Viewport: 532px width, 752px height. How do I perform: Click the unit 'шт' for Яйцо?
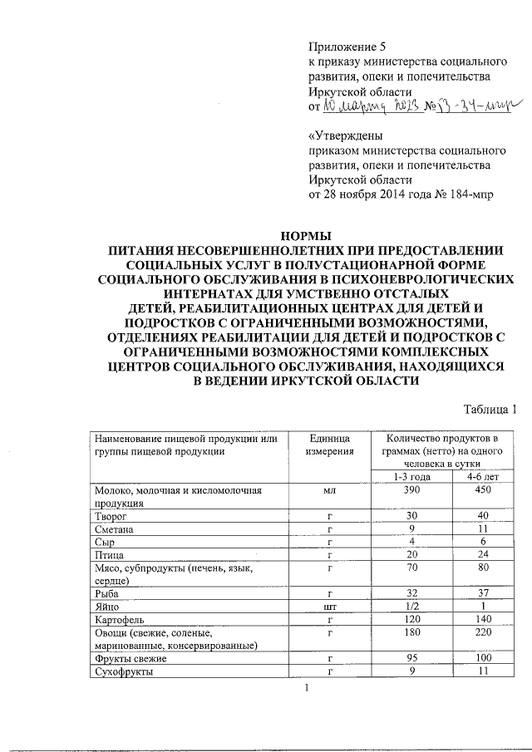pos(329,607)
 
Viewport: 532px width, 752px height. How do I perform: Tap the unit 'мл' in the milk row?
pos(329,490)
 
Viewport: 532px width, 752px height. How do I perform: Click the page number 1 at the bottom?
pos(308,687)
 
